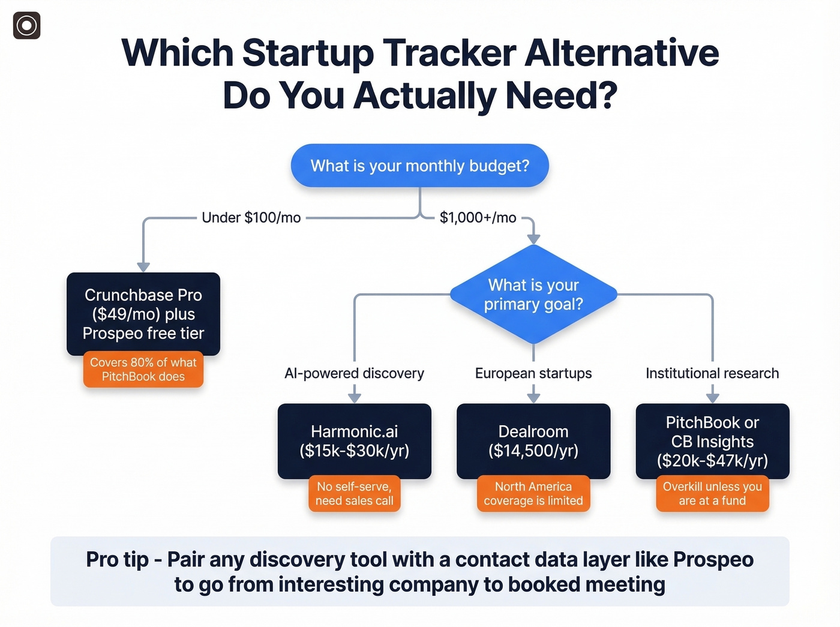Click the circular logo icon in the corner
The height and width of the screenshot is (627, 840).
[27, 25]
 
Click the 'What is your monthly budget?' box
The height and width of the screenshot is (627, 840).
[419, 166]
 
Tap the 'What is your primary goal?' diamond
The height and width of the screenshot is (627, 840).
[533, 294]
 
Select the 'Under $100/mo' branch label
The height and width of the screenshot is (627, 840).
[251, 217]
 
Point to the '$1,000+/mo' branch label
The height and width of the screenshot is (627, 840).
[478, 217]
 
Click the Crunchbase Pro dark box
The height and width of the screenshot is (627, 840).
[143, 314]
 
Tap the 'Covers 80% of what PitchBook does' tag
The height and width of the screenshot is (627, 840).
[143, 369]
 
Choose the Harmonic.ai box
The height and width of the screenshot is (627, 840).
[354, 441]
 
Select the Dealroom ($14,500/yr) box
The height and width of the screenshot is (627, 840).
[533, 441]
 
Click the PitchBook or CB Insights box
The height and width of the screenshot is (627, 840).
[712, 441]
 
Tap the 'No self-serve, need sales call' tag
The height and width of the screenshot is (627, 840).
[354, 493]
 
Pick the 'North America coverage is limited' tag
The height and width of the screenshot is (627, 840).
[533, 493]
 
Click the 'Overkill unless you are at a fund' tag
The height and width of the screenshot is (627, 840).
[712, 493]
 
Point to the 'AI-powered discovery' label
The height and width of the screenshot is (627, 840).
[354, 373]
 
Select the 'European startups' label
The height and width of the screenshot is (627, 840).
[533, 373]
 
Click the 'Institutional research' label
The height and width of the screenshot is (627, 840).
[712, 373]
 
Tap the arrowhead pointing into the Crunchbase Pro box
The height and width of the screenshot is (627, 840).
[143, 266]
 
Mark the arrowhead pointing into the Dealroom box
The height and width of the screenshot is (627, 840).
[533, 397]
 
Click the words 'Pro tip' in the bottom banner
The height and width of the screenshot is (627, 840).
[117, 559]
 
